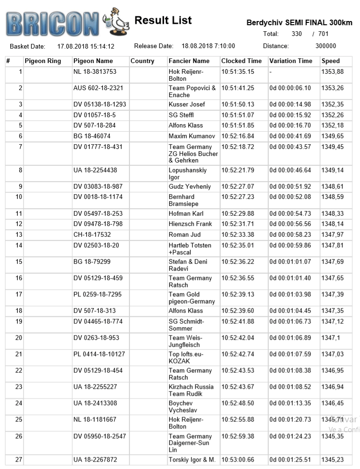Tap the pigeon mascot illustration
(117, 21)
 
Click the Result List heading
(163, 21)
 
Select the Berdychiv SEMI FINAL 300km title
(299, 23)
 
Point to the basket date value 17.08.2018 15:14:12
(86, 46)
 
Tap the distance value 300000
(325, 46)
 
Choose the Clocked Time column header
(241, 61)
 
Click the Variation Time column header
(290, 61)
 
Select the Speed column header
(331, 61)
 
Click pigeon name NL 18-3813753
(95, 72)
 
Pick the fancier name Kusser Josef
(187, 105)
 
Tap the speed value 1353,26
(332, 88)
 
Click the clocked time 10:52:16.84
(238, 136)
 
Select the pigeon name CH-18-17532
(92, 235)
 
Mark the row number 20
(19, 338)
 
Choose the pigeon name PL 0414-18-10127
(99, 355)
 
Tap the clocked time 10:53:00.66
(238, 460)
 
